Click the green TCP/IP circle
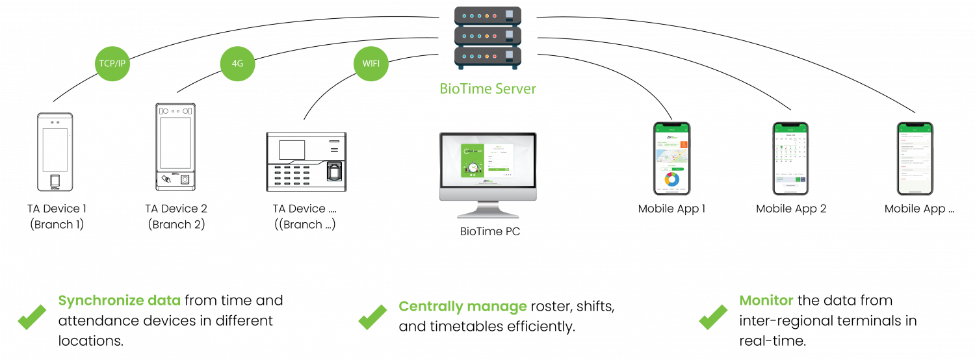tap(113, 64)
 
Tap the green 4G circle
tap(237, 64)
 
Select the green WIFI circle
tap(371, 64)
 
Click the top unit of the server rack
tap(488, 15)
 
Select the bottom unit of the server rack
tap(488, 57)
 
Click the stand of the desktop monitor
tap(488, 210)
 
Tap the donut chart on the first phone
tap(671, 179)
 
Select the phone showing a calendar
tap(790, 158)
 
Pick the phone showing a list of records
tap(915, 158)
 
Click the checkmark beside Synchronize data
tap(31, 317)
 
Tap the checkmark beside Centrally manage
tap(372, 317)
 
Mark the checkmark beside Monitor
tap(713, 317)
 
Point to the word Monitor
tap(766, 301)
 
